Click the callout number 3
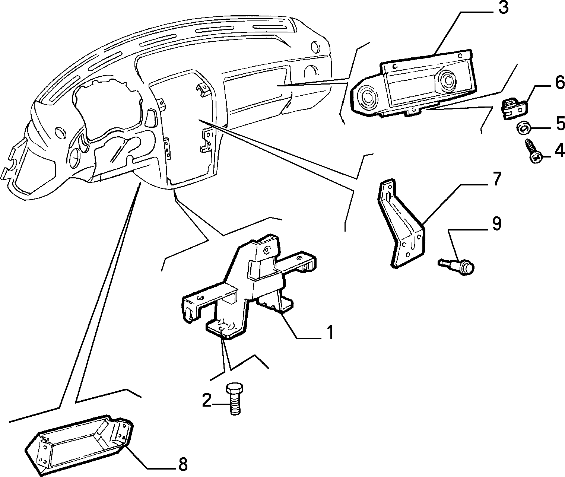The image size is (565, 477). [504, 8]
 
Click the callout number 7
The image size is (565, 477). [496, 179]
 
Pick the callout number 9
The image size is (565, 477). [496, 223]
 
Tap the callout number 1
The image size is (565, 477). [330, 332]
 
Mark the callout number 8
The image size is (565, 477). [183, 464]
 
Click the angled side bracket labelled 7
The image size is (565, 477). [401, 223]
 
